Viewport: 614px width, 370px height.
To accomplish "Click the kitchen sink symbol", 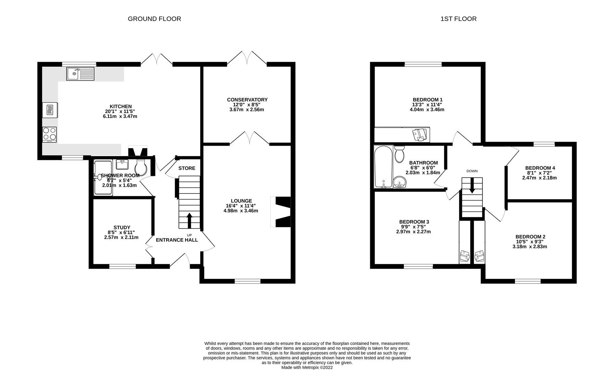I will click(x=80, y=74).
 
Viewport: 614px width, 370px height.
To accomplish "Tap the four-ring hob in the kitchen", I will click(x=49, y=134).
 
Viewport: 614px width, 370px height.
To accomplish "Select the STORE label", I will click(x=187, y=168).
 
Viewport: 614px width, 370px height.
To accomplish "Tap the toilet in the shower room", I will click(x=141, y=167).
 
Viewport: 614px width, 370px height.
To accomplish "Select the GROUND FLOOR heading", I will click(x=154, y=19).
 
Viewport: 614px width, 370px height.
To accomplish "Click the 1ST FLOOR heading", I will click(x=458, y=19).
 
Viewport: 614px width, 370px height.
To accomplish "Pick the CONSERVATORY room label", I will click(x=247, y=100).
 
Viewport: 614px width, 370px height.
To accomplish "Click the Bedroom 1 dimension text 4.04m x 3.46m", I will click(x=427, y=110).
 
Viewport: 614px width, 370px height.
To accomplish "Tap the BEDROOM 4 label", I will click(x=540, y=168).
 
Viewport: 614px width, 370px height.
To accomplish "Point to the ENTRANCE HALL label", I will click(x=177, y=240).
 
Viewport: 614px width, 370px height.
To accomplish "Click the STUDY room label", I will click(x=122, y=227).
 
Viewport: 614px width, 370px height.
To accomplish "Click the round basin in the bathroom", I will click(x=399, y=182).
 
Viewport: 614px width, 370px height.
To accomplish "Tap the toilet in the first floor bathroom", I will click(x=399, y=155).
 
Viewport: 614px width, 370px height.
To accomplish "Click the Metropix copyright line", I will click(x=307, y=367).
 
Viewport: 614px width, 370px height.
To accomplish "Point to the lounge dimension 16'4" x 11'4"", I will click(x=241, y=206).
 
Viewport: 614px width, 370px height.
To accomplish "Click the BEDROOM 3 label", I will click(x=414, y=222).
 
